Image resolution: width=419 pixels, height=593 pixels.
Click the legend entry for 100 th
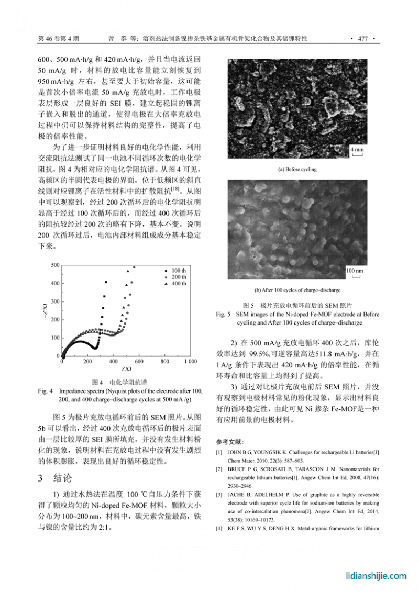click(178, 270)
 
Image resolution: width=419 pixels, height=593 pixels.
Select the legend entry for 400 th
click(178, 283)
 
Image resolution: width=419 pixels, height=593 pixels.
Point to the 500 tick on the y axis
click(55, 265)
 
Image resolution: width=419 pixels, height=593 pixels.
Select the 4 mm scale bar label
click(357, 150)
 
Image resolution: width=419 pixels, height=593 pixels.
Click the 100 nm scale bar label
click(355, 271)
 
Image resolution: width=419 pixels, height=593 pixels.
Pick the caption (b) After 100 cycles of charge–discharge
click(297, 290)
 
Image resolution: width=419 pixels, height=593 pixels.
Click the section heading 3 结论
click(58, 478)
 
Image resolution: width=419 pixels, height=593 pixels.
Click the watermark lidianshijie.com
click(376, 576)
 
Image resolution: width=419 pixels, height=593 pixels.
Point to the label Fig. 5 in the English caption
click(223, 315)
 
